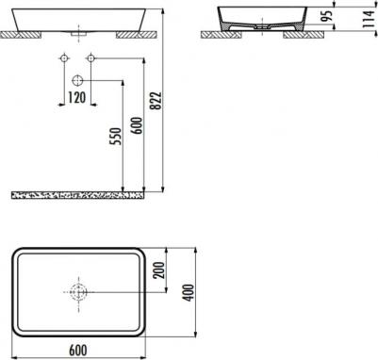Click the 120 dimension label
pyautogui.click(x=77, y=98)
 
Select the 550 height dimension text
pyautogui.click(x=115, y=136)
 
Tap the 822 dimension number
pyautogui.click(x=156, y=101)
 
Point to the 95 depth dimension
pyautogui.click(x=328, y=16)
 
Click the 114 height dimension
pyautogui.click(x=369, y=19)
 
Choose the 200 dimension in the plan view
pyautogui.click(x=159, y=270)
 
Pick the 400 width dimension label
pyautogui.click(x=189, y=293)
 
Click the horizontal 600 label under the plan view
pyautogui.click(x=78, y=351)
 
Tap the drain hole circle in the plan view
pyautogui.click(x=77, y=292)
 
